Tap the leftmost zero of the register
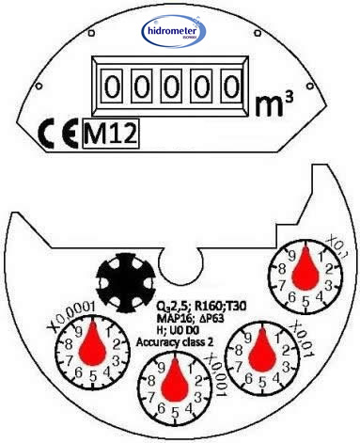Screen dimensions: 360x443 pos(112,87)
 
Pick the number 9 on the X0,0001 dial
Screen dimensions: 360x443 pos(80,332)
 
